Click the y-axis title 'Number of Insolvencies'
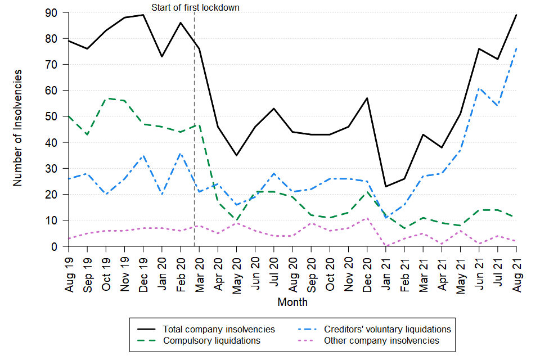pos(18,128)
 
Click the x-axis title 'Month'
pos(292,302)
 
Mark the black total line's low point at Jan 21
pos(386,187)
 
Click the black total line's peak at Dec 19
pos(143,15)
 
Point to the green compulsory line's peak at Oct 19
pos(106,98)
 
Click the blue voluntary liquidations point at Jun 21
pos(479,88)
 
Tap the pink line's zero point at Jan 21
pos(386,246)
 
